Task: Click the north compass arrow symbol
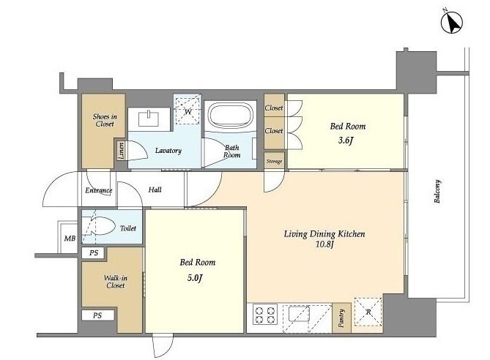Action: click(x=452, y=23)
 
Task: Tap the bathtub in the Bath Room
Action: click(x=231, y=116)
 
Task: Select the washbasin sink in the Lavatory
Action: click(x=149, y=119)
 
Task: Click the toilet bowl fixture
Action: click(x=100, y=226)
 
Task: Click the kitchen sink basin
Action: click(x=299, y=313)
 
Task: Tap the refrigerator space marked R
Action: click(x=368, y=312)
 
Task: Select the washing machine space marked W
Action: click(x=188, y=110)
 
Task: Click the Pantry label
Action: click(x=341, y=318)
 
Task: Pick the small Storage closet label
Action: click(x=274, y=162)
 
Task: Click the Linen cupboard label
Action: click(x=121, y=150)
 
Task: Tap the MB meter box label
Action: click(x=70, y=239)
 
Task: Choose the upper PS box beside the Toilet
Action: click(x=94, y=253)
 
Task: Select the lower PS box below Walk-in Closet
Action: click(x=97, y=315)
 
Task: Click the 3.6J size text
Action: click(x=346, y=140)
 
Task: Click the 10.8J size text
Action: click(x=324, y=244)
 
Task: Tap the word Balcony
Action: click(x=437, y=192)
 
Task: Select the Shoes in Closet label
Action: click(x=105, y=120)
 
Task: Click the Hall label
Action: click(x=155, y=190)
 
